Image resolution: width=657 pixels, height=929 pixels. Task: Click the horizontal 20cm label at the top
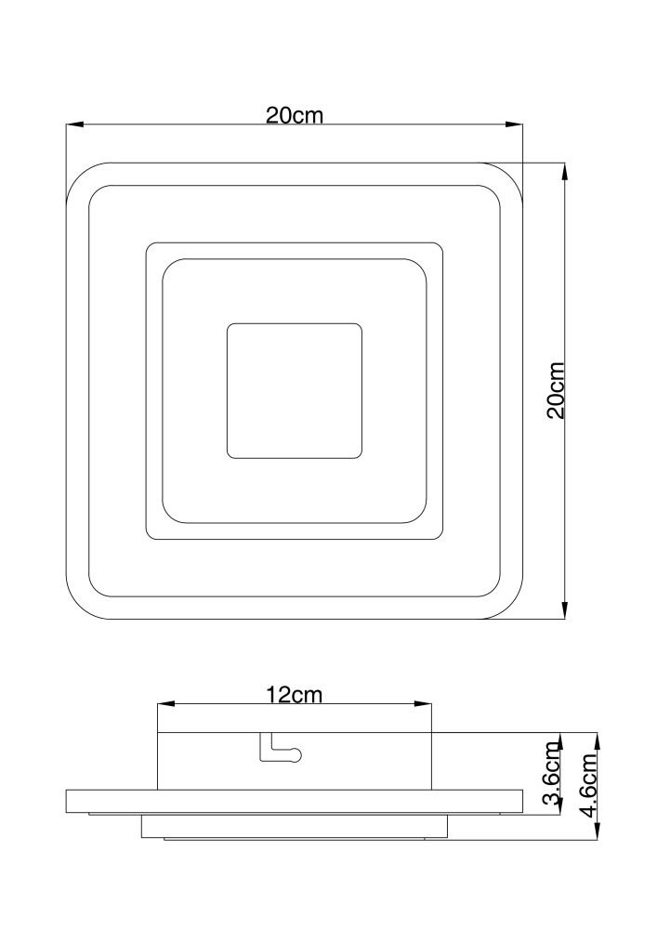(295, 115)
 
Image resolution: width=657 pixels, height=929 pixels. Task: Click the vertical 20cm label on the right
(556, 390)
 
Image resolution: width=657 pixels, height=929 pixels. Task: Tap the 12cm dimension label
(294, 694)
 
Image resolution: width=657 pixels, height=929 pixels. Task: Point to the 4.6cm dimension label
(589, 785)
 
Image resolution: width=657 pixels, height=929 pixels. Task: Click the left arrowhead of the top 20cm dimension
(74, 124)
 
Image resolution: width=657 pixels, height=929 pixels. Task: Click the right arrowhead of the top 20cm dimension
(515, 124)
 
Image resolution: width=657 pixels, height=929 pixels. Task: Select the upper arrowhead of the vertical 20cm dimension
(565, 171)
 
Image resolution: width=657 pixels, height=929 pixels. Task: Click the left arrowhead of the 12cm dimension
(165, 704)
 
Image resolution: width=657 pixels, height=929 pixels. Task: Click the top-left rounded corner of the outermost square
(78, 175)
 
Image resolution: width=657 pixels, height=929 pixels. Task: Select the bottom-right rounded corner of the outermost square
(511, 608)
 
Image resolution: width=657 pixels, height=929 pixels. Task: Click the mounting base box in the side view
(295, 762)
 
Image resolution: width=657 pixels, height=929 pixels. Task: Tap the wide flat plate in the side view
(295, 801)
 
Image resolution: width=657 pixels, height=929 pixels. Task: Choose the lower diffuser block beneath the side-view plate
(295, 826)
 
